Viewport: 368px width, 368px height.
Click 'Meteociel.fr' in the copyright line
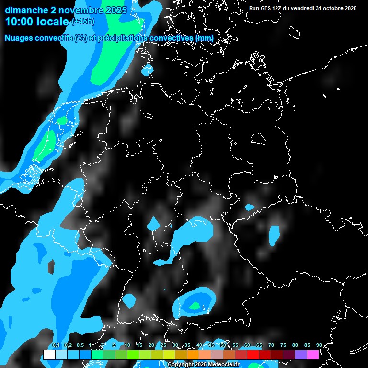(224, 365)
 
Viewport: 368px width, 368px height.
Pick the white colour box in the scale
(49, 355)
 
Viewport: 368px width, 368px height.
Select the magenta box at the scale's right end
(313, 355)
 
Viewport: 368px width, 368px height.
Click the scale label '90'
(319, 345)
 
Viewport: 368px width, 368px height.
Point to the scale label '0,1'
(56, 345)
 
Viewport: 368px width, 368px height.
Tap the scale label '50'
(223, 345)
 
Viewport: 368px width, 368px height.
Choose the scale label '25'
(163, 345)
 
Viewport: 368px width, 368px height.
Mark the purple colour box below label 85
(301, 355)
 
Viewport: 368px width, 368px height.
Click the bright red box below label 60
(253, 355)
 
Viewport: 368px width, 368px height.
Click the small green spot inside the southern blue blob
(195, 305)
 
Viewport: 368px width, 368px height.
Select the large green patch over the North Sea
(113, 60)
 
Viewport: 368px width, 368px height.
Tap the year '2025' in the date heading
(114, 10)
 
